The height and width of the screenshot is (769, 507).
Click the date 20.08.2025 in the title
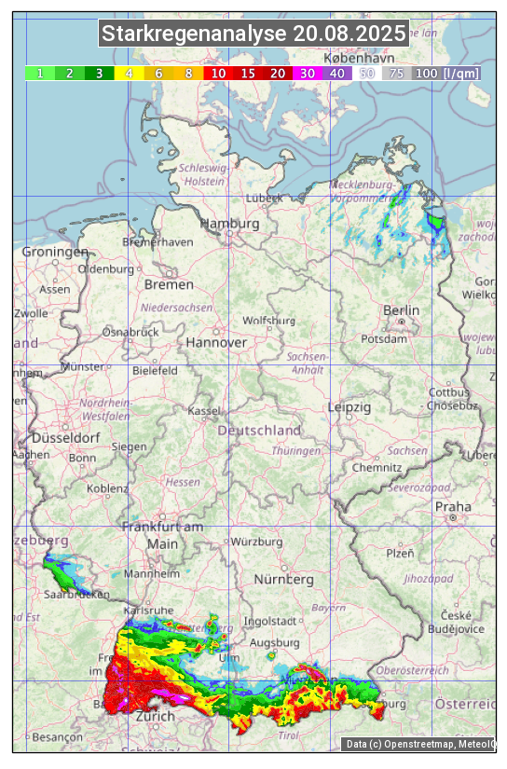[349, 34]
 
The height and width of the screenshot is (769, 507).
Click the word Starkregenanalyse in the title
[195, 34]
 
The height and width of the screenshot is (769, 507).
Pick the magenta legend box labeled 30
[306, 73]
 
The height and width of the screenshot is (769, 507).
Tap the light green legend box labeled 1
[39, 73]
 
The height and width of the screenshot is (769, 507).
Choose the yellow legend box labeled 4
[129, 73]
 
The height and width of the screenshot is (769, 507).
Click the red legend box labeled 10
[217, 73]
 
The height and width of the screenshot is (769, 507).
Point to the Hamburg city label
[229, 224]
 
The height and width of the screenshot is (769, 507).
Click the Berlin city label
[401, 310]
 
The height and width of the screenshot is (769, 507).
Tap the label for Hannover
[216, 342]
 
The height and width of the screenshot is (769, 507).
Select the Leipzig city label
[349, 407]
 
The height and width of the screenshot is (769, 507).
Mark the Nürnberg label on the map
[284, 579]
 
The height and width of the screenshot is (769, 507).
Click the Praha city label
[453, 506]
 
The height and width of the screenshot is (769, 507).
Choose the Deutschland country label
[259, 431]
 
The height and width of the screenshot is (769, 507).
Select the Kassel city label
[204, 410]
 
